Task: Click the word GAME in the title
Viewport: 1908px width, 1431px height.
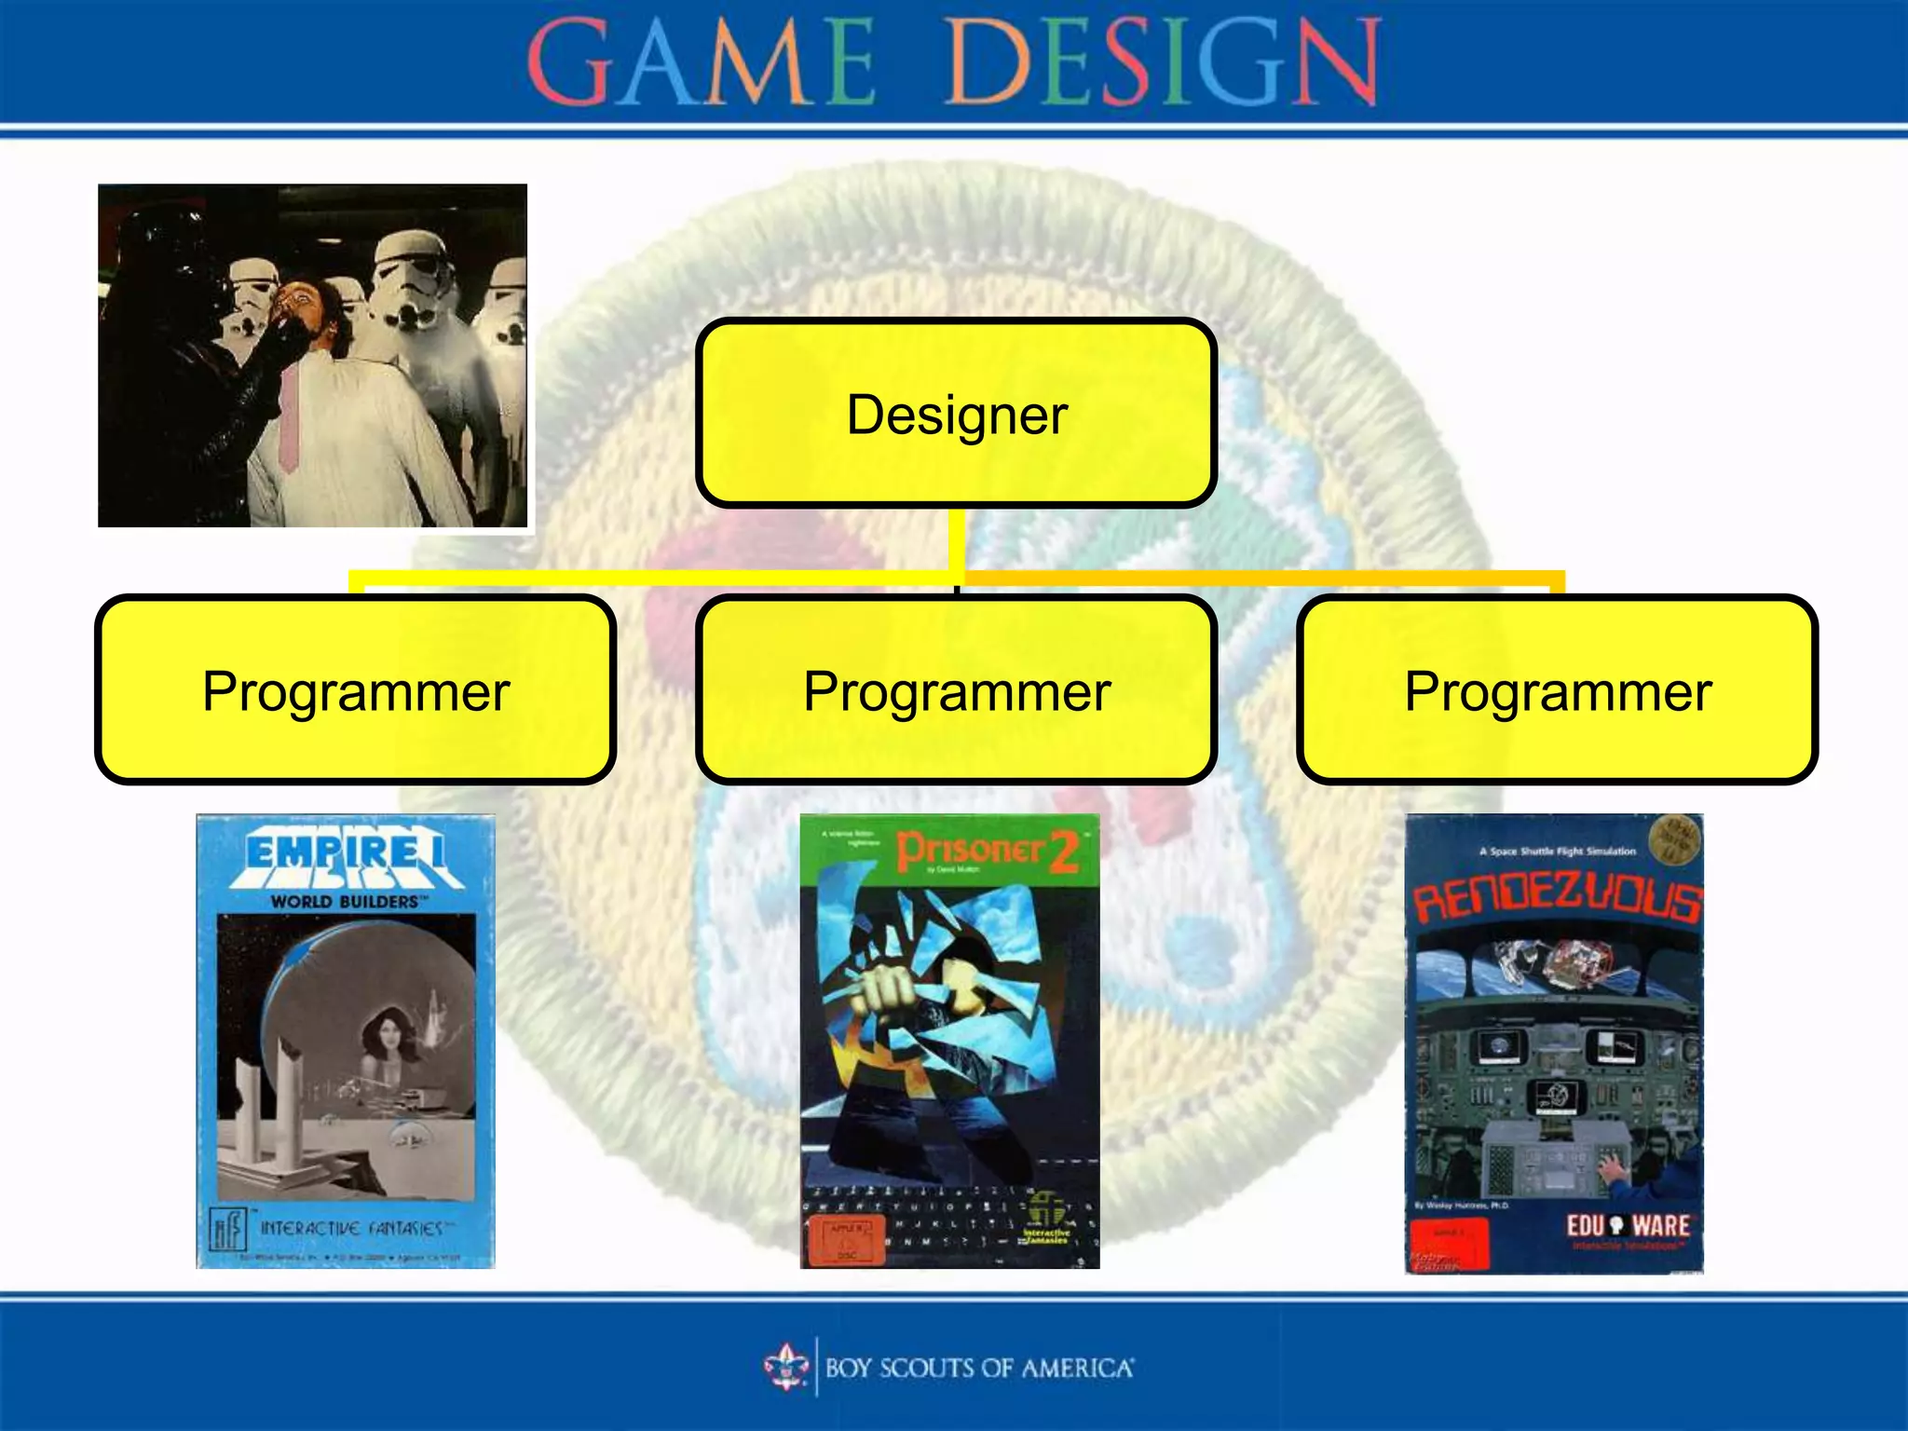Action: click(701, 63)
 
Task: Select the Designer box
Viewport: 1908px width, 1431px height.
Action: click(956, 414)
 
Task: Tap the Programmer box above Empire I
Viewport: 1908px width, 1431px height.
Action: click(355, 690)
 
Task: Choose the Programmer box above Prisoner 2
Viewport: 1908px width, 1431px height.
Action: click(956, 690)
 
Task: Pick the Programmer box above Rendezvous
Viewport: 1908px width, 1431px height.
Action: click(1557, 690)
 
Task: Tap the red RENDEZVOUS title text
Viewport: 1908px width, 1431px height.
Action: click(1556, 900)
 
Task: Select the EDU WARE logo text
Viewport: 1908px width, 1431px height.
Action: click(1627, 1225)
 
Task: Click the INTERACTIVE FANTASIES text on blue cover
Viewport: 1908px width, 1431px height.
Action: click(351, 1228)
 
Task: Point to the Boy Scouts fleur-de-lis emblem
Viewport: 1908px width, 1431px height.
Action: click(786, 1367)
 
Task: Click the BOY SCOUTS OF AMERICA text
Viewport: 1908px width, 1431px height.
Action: click(978, 1368)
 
